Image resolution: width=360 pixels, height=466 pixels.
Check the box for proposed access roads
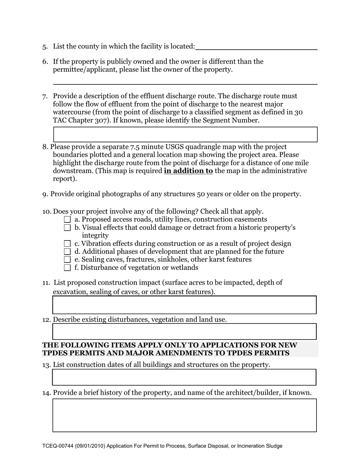click(67, 219)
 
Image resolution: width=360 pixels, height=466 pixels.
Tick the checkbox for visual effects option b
click(67, 228)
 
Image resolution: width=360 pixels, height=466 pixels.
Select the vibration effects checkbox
click(67, 244)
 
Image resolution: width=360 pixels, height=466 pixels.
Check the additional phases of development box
click(67, 252)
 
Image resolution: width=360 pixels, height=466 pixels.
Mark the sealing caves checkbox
click(67, 260)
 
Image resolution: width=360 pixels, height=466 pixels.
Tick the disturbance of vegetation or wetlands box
click(67, 268)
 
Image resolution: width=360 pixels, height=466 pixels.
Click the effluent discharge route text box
click(185, 134)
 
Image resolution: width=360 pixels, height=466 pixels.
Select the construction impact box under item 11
click(184, 305)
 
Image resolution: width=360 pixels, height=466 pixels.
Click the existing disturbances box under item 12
click(184, 332)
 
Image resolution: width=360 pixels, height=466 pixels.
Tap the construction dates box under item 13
click(184, 377)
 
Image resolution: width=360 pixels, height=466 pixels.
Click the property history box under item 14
click(184, 415)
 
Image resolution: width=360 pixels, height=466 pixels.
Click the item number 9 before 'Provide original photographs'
click(45, 194)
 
